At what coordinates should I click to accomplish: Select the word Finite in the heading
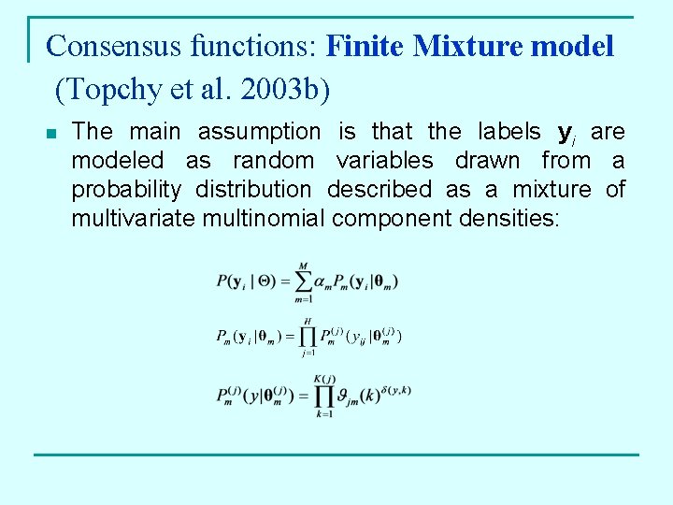point(365,45)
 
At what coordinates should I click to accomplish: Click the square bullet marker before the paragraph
point(51,134)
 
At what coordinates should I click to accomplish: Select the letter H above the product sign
point(306,320)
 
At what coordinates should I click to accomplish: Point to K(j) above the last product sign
point(325,378)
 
